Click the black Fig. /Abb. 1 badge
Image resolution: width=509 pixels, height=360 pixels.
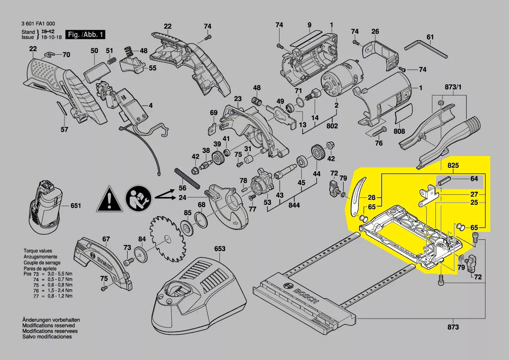coord(85,34)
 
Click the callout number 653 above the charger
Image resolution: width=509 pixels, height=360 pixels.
coord(220,249)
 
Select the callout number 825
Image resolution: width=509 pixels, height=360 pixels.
coord(453,166)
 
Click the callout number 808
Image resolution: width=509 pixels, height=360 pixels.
coord(399,131)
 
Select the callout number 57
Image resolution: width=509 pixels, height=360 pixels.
coord(64,129)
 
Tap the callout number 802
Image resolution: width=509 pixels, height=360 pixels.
coord(332,126)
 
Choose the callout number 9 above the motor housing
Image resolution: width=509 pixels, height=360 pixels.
coord(309,25)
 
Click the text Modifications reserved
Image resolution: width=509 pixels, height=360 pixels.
coord(48,326)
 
